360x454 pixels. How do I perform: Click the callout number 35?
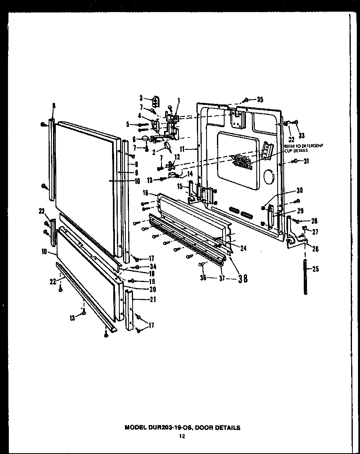260,99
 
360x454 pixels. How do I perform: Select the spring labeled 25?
306,278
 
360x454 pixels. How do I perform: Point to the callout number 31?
307,162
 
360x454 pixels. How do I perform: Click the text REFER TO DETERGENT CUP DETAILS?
303,148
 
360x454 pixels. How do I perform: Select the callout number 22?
52,281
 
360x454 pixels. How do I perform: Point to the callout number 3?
141,97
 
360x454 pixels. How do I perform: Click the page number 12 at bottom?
182,436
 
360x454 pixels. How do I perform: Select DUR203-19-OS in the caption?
171,427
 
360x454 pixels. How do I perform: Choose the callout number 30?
299,190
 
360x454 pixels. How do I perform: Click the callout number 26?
315,249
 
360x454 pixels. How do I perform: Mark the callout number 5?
128,125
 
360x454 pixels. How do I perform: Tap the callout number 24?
243,249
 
